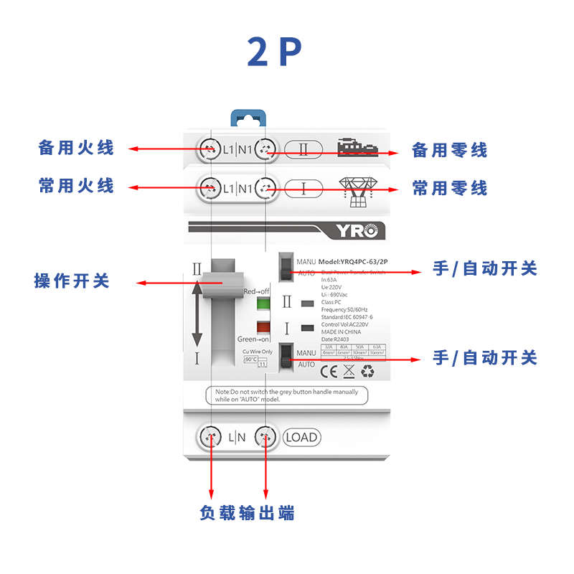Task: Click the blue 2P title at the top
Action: point(275,52)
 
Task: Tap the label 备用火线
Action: point(76,149)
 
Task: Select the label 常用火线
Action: point(76,186)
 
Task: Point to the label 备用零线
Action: point(450,150)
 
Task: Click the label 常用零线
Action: point(450,188)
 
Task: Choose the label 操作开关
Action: point(72,281)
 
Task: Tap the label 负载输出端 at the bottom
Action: point(247,513)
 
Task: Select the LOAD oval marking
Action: point(301,437)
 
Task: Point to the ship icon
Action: point(359,147)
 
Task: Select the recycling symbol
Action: point(368,371)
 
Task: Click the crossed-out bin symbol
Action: point(349,371)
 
